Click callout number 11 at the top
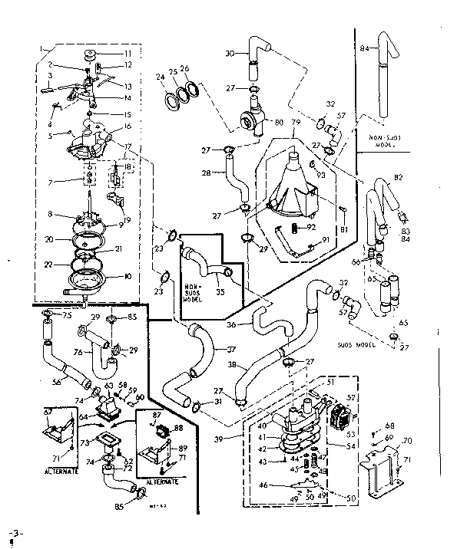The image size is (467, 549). pyautogui.click(x=128, y=54)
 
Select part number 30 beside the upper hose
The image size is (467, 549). pyautogui.click(x=230, y=53)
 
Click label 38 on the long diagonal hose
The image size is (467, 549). pyautogui.click(x=231, y=366)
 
